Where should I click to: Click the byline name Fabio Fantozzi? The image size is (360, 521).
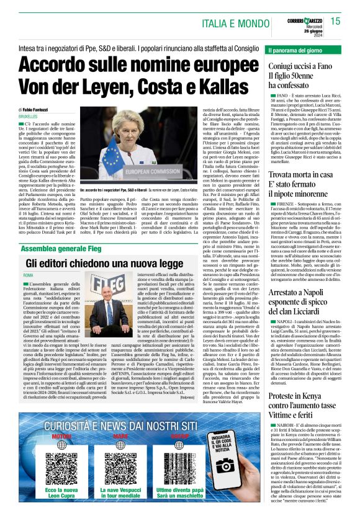pos(42,108)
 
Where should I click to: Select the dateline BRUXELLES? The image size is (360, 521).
pos(29,116)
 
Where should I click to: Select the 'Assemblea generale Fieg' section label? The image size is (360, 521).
pos(61,231)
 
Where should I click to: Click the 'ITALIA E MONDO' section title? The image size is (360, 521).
pos(232,23)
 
